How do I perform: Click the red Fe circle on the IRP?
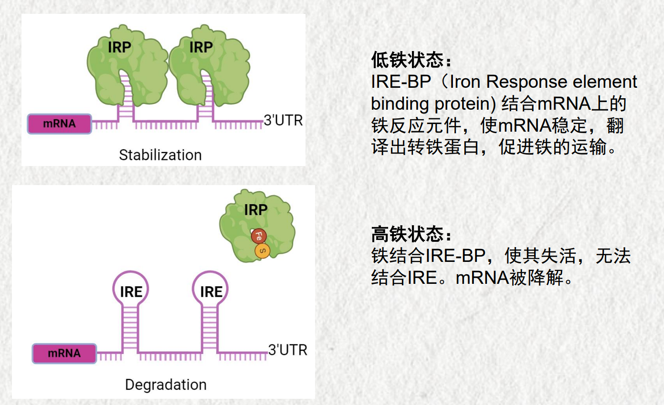(258, 236)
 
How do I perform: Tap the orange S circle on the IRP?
(263, 251)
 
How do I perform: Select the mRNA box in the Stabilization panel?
(59, 124)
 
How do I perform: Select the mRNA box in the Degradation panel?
(64, 353)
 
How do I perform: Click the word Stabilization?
(160, 155)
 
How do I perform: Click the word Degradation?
(166, 385)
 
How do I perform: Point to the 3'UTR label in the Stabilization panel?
(283, 120)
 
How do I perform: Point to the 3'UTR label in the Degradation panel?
(287, 350)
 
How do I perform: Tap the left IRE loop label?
(131, 292)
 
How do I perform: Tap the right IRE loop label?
(211, 292)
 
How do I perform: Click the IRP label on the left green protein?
(119, 47)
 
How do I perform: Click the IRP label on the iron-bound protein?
(256, 210)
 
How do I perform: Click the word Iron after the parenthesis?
(465, 82)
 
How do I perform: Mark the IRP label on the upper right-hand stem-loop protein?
(201, 47)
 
